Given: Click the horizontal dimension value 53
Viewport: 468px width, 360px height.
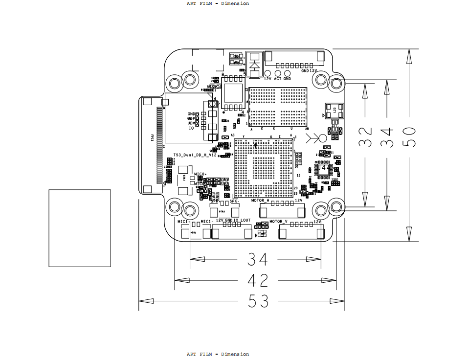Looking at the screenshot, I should (x=258, y=301).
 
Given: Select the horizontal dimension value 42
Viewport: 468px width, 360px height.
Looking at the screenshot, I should (x=258, y=280).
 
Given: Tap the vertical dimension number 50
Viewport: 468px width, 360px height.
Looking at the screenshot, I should (x=408, y=137).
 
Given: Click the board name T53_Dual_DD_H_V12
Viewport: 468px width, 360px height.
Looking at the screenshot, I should (x=195, y=155).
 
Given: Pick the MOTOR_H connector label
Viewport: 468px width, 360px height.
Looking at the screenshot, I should (x=260, y=201).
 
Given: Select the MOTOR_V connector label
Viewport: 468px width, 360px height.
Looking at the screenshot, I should (x=279, y=222).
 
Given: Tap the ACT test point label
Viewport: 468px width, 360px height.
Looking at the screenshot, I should (x=277, y=79).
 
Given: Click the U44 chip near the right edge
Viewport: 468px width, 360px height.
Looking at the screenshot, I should (x=324, y=169).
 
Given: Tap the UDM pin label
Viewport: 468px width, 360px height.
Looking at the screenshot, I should (x=191, y=123).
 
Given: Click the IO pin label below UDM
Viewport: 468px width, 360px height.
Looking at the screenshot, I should (x=191, y=128).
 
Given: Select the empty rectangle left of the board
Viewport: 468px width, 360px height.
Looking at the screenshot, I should (x=80, y=228).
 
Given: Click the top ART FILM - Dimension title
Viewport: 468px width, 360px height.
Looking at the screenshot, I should (x=218, y=3).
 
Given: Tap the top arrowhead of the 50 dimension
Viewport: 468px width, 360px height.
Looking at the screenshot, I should (x=409, y=56).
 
